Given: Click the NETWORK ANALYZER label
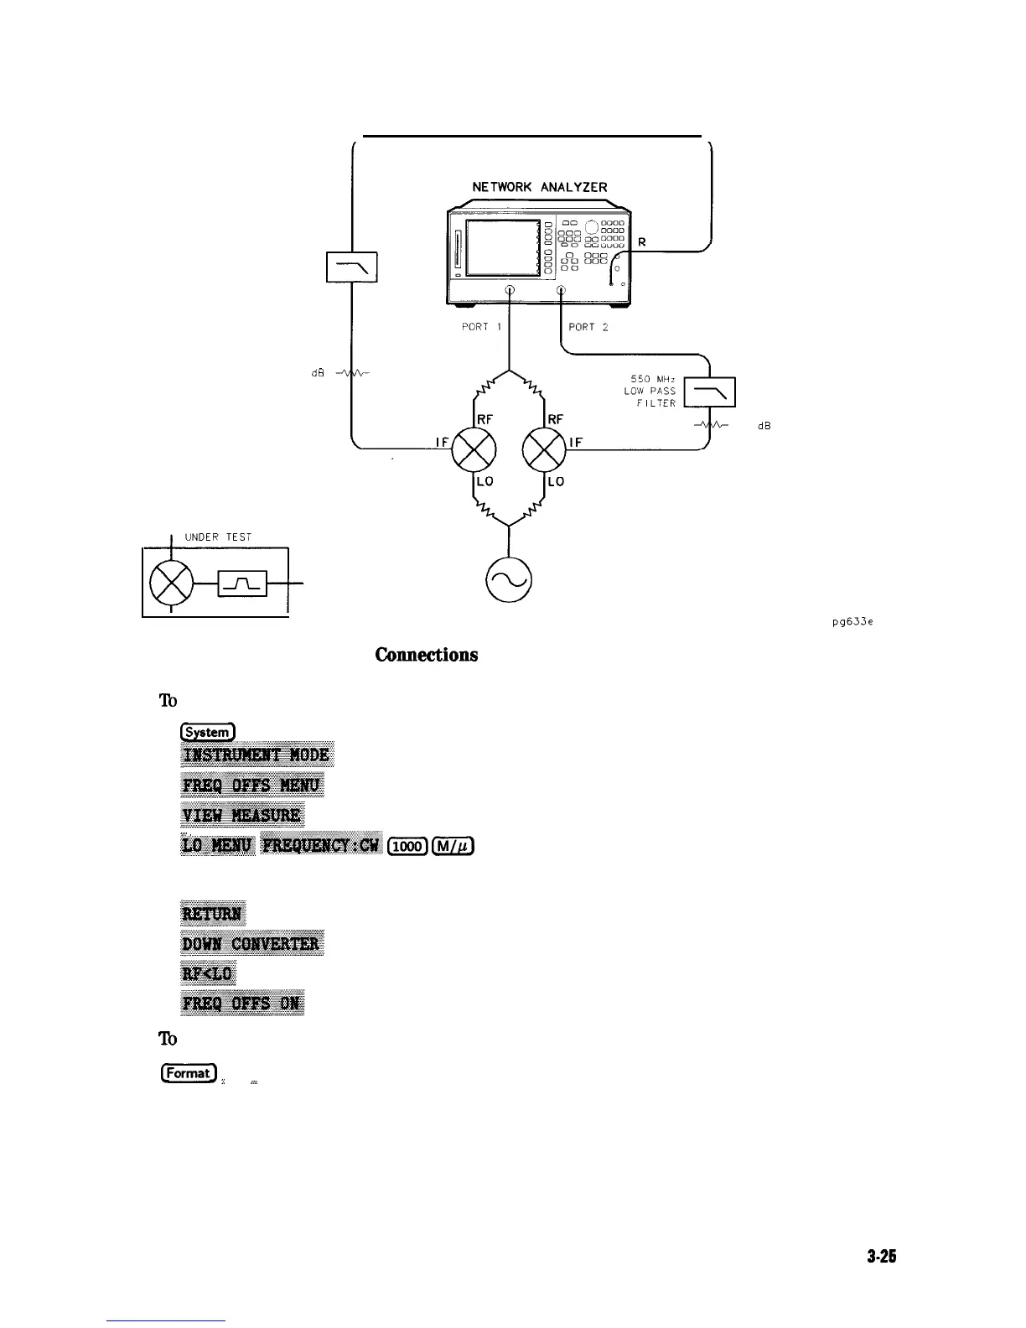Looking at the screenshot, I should tap(539, 187).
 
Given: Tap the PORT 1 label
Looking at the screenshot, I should tap(481, 327).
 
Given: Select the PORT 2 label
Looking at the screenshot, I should tap(593, 327).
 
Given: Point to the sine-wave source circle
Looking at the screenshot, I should tap(510, 579).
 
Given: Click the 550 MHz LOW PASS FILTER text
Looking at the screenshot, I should tap(650, 392).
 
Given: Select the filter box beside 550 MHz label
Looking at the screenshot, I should tap(709, 392).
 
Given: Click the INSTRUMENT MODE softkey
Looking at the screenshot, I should tap(257, 755).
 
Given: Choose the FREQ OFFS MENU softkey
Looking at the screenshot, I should tap(252, 786).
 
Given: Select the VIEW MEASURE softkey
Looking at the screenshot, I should tap(242, 815).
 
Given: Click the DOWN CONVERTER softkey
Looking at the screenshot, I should tap(252, 944).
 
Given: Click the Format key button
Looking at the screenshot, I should tap(189, 1072).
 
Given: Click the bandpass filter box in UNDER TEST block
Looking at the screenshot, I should tap(242, 582).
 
